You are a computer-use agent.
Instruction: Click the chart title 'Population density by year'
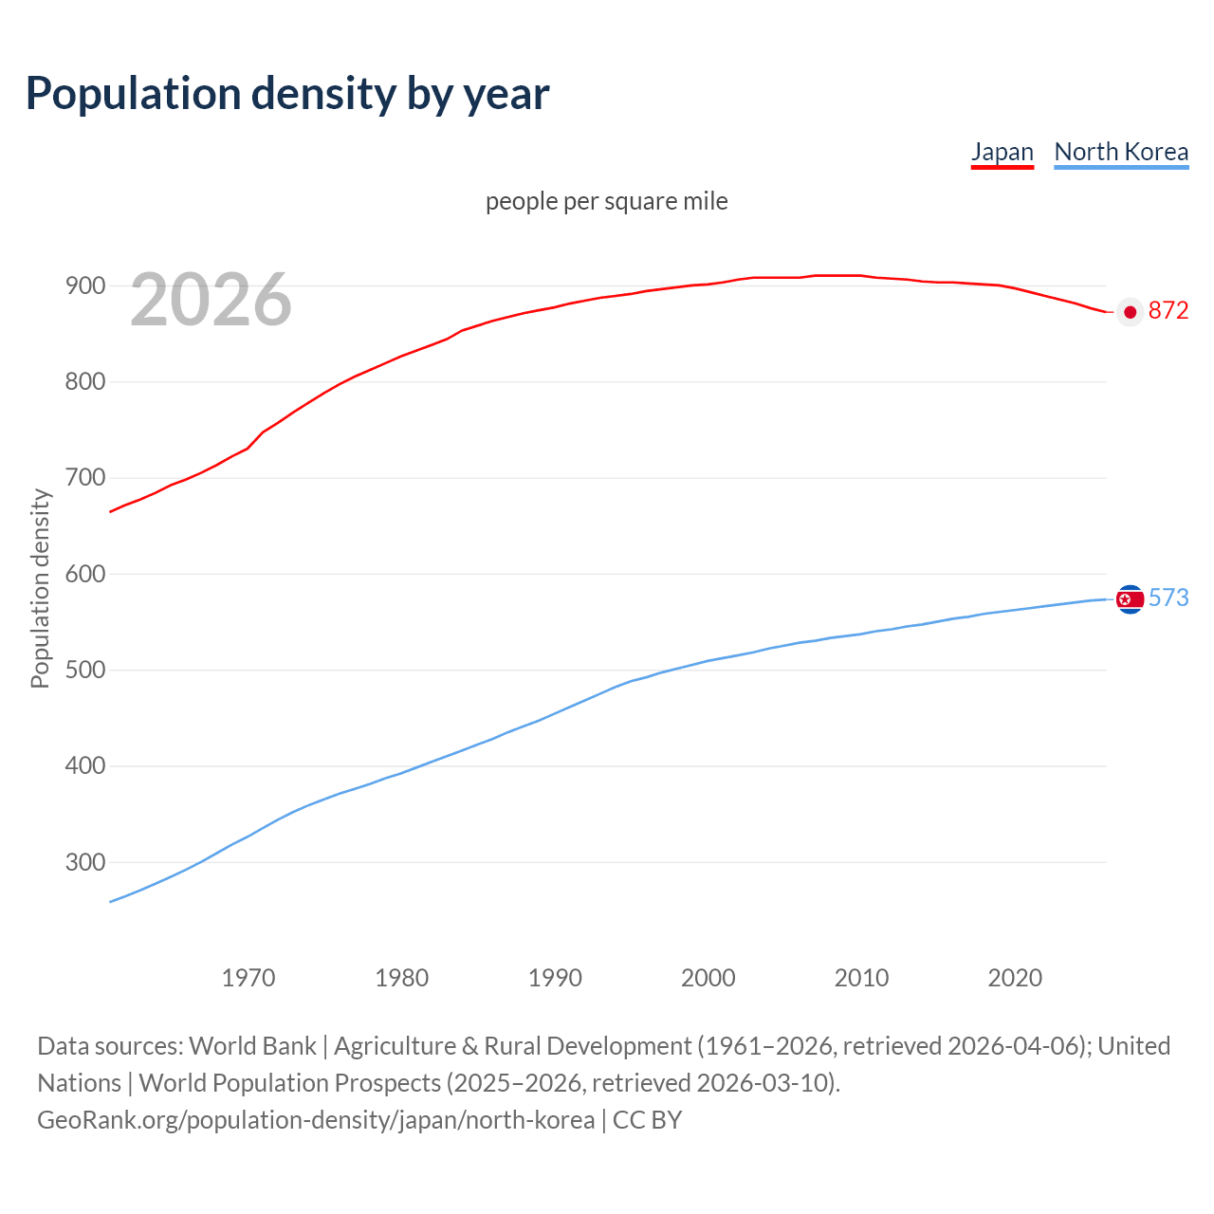[x=287, y=94]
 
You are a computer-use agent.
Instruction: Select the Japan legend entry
[x=1002, y=152]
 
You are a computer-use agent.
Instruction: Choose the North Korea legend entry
[x=1121, y=152]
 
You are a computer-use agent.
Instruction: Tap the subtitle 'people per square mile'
[x=606, y=201]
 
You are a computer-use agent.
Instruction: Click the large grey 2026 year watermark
[x=211, y=300]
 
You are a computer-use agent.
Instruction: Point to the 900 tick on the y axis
[x=84, y=285]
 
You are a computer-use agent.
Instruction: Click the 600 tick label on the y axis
[x=84, y=574]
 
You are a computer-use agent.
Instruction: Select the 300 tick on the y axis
[x=84, y=862]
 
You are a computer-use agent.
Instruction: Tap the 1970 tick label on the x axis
[x=248, y=978]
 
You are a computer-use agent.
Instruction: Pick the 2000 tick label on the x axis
[x=708, y=978]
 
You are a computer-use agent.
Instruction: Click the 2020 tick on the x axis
[x=1015, y=978]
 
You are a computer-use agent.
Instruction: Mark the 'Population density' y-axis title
[x=40, y=588]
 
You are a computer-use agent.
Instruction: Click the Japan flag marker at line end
[x=1130, y=312]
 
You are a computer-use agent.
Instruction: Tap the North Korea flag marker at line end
[x=1130, y=598]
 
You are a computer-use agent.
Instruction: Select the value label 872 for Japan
[x=1168, y=311]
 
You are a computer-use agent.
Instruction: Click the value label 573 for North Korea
[x=1168, y=598]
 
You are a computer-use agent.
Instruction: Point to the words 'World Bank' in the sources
[x=252, y=1045]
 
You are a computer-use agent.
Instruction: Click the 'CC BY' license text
[x=648, y=1119]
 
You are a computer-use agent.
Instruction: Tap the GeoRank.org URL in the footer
[x=316, y=1119]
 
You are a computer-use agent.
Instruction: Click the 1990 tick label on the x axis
[x=555, y=978]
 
